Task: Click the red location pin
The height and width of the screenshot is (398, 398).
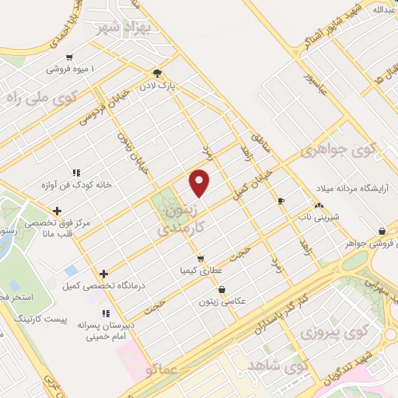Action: point(201,183)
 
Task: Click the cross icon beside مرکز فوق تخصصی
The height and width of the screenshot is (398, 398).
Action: point(57,211)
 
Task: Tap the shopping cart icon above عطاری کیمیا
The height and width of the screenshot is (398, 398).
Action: point(201,259)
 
